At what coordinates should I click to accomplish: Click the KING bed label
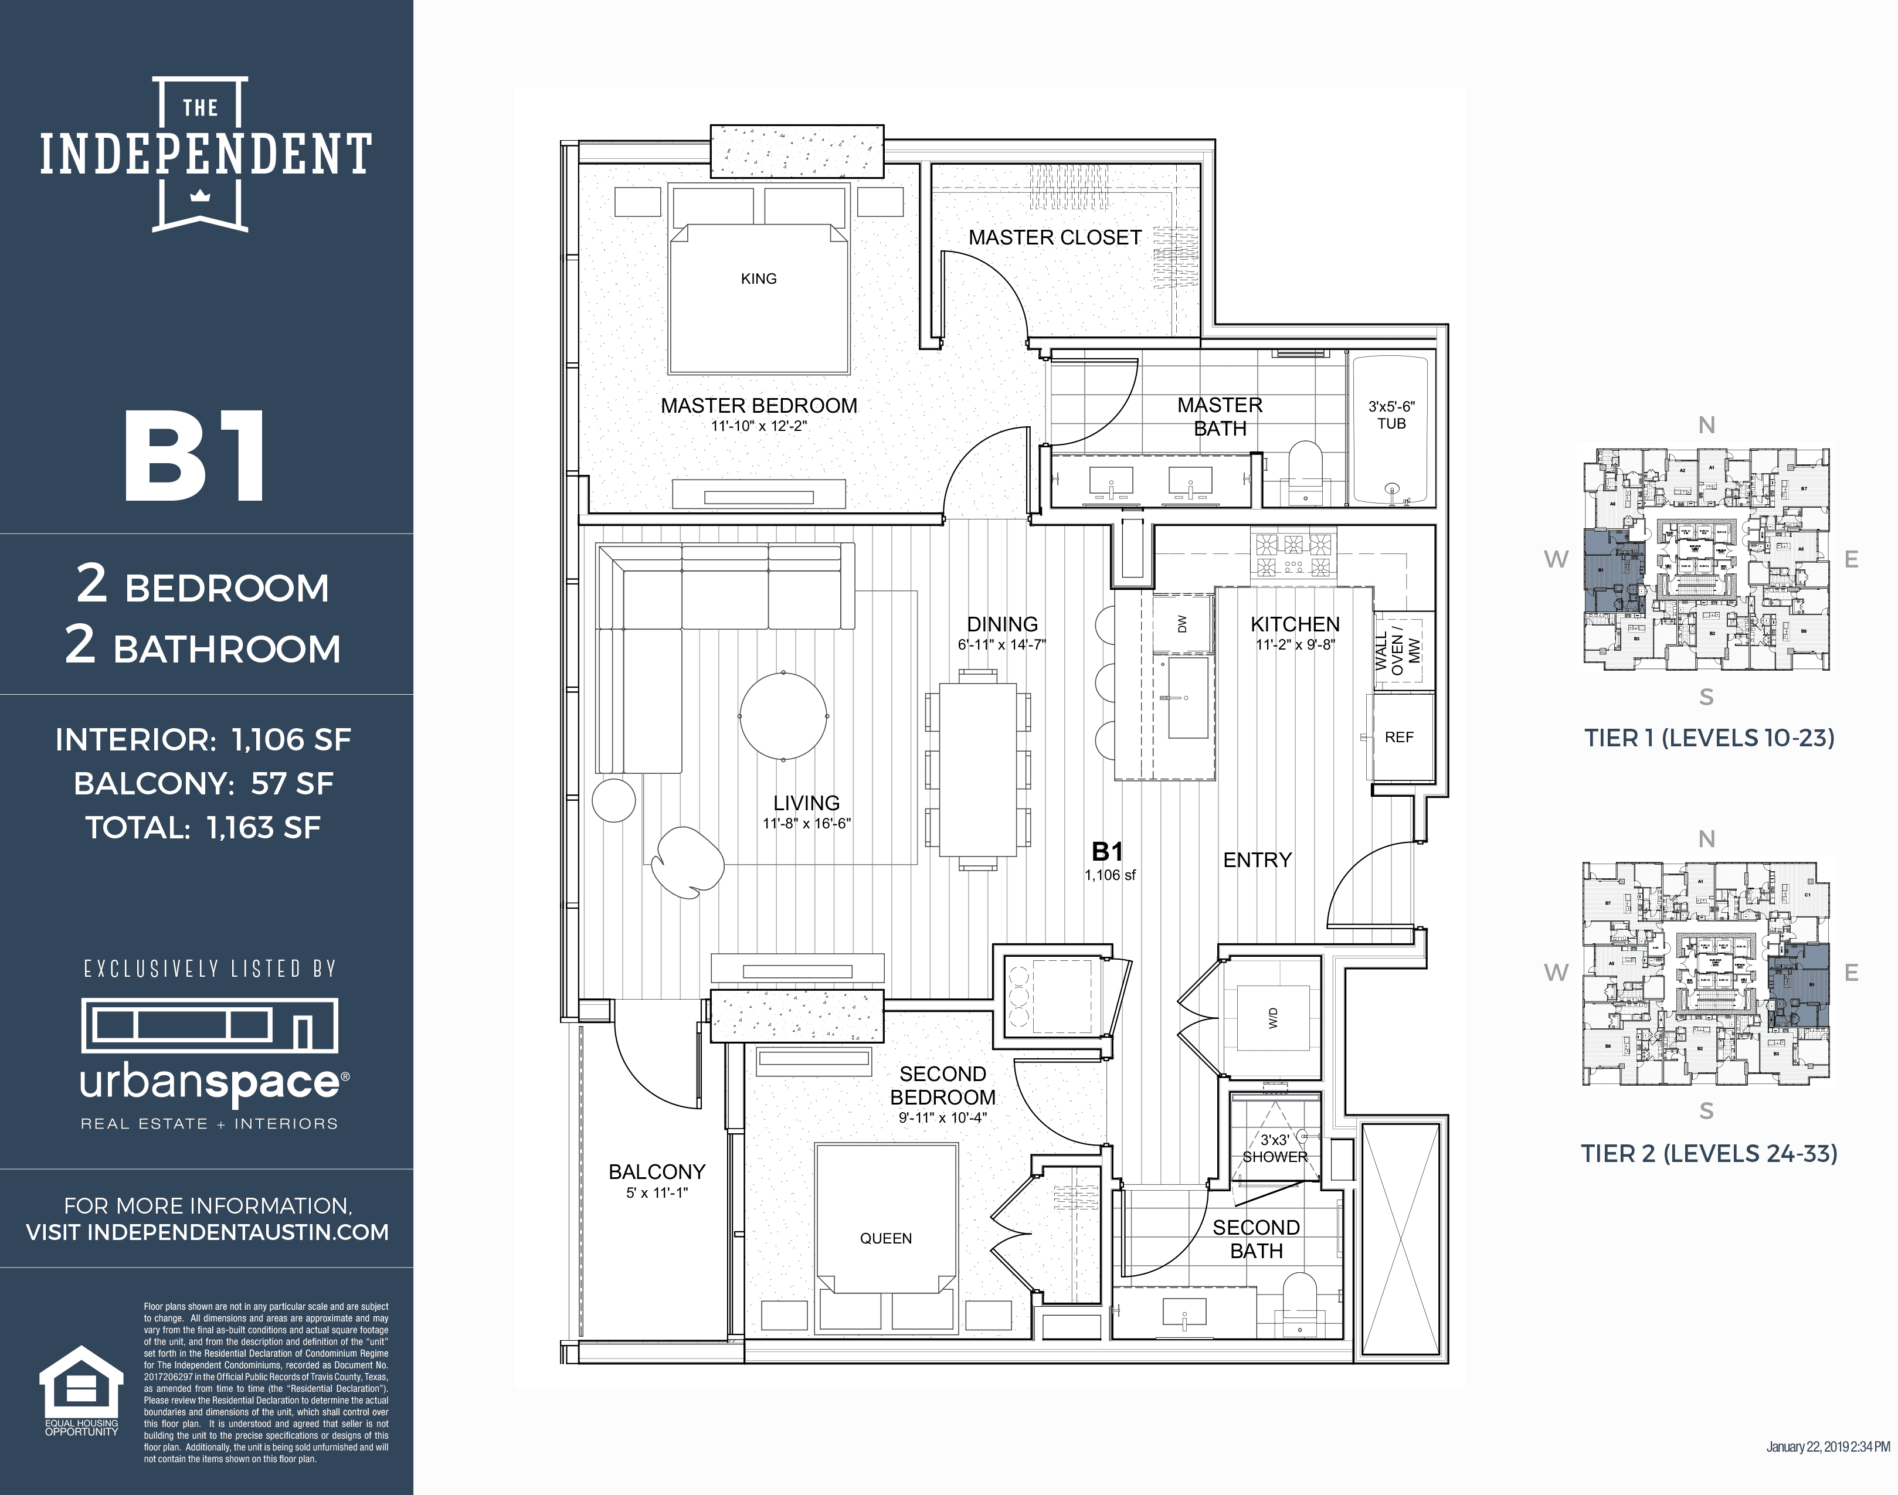(x=758, y=278)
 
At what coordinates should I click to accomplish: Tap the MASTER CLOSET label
(x=1054, y=237)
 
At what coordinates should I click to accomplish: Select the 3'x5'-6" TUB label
(x=1391, y=415)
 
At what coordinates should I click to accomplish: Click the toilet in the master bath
(x=1305, y=473)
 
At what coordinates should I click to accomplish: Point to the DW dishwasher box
(x=1182, y=623)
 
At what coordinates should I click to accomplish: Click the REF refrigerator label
(x=1399, y=737)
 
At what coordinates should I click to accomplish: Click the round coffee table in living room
(x=783, y=716)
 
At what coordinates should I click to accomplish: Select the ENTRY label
(x=1257, y=859)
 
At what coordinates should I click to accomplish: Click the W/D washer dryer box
(x=1273, y=1018)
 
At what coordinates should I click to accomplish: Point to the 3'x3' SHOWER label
(x=1275, y=1147)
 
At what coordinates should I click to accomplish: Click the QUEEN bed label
(x=885, y=1238)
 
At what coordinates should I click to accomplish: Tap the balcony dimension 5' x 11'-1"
(x=657, y=1193)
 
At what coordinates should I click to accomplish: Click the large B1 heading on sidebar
(x=194, y=457)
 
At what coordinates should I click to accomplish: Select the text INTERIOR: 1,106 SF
(x=203, y=740)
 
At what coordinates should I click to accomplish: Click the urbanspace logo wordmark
(x=210, y=1083)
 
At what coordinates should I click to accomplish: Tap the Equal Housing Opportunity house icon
(x=82, y=1381)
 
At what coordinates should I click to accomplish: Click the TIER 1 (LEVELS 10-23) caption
(x=1709, y=738)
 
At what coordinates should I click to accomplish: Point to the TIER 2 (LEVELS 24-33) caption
(x=1709, y=1154)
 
